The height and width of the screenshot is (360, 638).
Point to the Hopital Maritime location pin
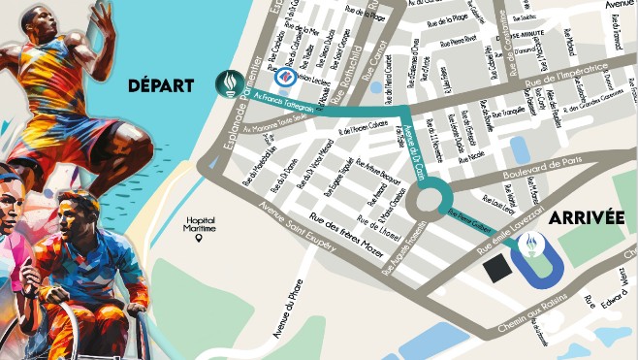(x=198, y=237)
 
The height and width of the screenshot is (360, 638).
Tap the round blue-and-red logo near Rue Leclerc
(x=285, y=76)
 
